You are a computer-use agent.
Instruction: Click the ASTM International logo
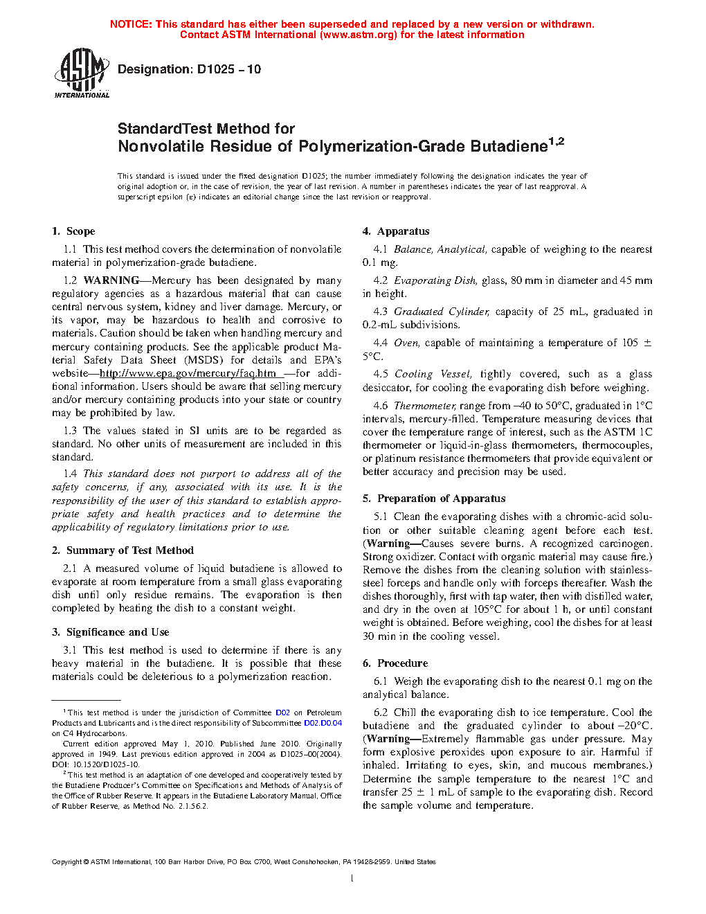[x=82, y=72]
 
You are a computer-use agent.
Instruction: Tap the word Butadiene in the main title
[x=509, y=146]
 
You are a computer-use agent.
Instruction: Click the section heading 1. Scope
[x=73, y=231]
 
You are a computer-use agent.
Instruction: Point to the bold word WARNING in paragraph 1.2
[x=111, y=280]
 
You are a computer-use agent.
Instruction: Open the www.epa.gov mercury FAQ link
[x=188, y=373]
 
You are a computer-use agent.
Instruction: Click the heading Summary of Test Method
[x=129, y=550]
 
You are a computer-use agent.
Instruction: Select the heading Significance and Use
[x=117, y=632]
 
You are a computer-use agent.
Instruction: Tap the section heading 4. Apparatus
[x=396, y=231]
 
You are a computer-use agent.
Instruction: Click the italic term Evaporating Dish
[x=435, y=280]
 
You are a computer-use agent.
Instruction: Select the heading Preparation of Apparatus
[x=441, y=499]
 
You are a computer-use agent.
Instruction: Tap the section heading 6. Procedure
[x=395, y=663]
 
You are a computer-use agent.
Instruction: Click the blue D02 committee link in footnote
[x=282, y=713]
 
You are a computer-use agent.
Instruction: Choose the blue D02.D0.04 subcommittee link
[x=323, y=723]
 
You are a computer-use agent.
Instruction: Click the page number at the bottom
[x=352, y=879]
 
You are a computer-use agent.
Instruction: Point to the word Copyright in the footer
[x=66, y=862]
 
